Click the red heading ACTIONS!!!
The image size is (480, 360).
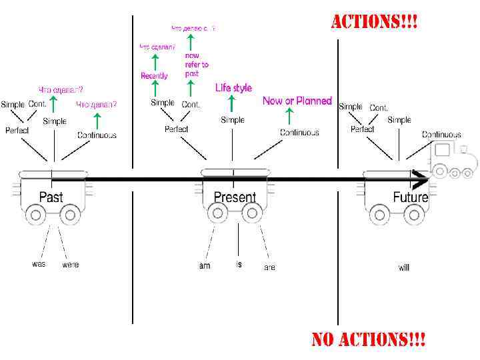click(x=375, y=21)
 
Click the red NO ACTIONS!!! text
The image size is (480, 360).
click(x=368, y=340)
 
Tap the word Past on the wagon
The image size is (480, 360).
click(x=51, y=197)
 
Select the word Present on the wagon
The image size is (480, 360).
click(x=234, y=197)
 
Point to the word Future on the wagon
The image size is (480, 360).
click(x=410, y=197)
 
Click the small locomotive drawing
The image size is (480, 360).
click(x=453, y=160)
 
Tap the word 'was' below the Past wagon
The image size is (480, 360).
click(x=39, y=264)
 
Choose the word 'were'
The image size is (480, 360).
click(x=70, y=265)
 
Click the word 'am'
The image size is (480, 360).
click(x=205, y=266)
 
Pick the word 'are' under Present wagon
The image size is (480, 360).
click(x=269, y=267)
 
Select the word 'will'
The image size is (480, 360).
click(x=404, y=267)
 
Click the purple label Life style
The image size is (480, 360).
click(x=233, y=88)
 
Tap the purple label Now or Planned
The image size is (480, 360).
click(x=297, y=101)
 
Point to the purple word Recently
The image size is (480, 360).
click(x=154, y=76)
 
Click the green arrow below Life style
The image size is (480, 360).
click(x=232, y=103)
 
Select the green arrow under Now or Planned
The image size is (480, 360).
click(x=288, y=116)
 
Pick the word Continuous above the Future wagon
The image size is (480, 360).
click(x=441, y=135)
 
